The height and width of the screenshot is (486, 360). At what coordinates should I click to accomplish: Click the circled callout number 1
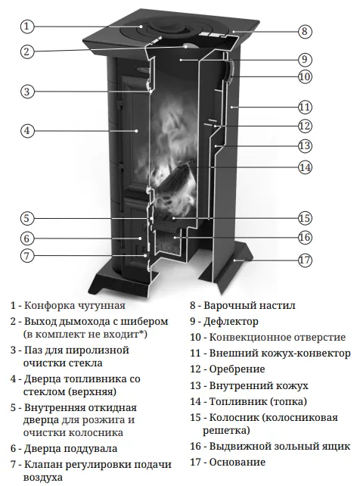coord(27,26)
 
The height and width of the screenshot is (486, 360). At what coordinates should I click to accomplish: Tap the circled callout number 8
coord(305,31)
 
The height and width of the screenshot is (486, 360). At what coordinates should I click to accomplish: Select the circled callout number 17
coord(305,260)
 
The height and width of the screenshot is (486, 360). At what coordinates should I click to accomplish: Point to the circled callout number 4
coord(27,130)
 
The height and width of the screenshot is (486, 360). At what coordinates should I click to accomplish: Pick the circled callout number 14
coord(305,167)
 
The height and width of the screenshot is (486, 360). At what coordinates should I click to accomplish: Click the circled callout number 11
coord(305,107)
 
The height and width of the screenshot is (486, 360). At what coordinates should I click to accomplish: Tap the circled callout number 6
coord(27,238)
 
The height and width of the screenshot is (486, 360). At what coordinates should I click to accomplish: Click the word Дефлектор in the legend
coord(231,322)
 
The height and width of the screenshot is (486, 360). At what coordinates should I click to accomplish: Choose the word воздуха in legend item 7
coord(42,478)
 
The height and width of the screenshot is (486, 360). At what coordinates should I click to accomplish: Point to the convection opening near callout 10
coord(231,72)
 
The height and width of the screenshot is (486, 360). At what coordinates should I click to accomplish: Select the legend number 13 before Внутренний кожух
coord(196,385)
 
